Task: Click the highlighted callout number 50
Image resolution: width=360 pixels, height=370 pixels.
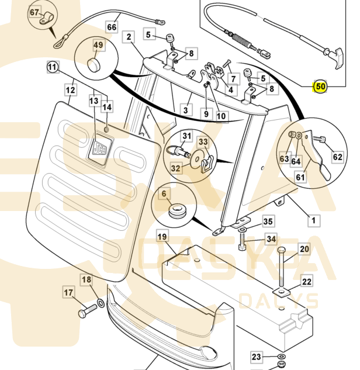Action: [x=320, y=87]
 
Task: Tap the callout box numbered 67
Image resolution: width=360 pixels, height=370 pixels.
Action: [x=34, y=13]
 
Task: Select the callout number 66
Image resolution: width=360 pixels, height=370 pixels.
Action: [x=112, y=27]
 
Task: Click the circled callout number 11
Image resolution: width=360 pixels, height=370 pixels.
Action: [x=53, y=67]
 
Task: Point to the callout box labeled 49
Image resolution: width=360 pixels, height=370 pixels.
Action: [x=98, y=45]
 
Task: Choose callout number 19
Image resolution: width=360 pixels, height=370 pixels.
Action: [x=162, y=237]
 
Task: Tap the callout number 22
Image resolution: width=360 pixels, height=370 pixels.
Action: [x=307, y=282]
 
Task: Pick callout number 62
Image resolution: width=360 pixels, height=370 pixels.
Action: [x=338, y=157]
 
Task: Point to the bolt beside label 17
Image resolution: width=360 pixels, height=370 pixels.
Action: [x=85, y=311]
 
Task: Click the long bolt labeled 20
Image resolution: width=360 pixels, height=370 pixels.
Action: [x=282, y=269]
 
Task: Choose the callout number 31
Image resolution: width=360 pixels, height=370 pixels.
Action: [x=186, y=137]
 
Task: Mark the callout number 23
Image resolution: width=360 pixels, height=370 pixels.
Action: [x=257, y=357]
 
